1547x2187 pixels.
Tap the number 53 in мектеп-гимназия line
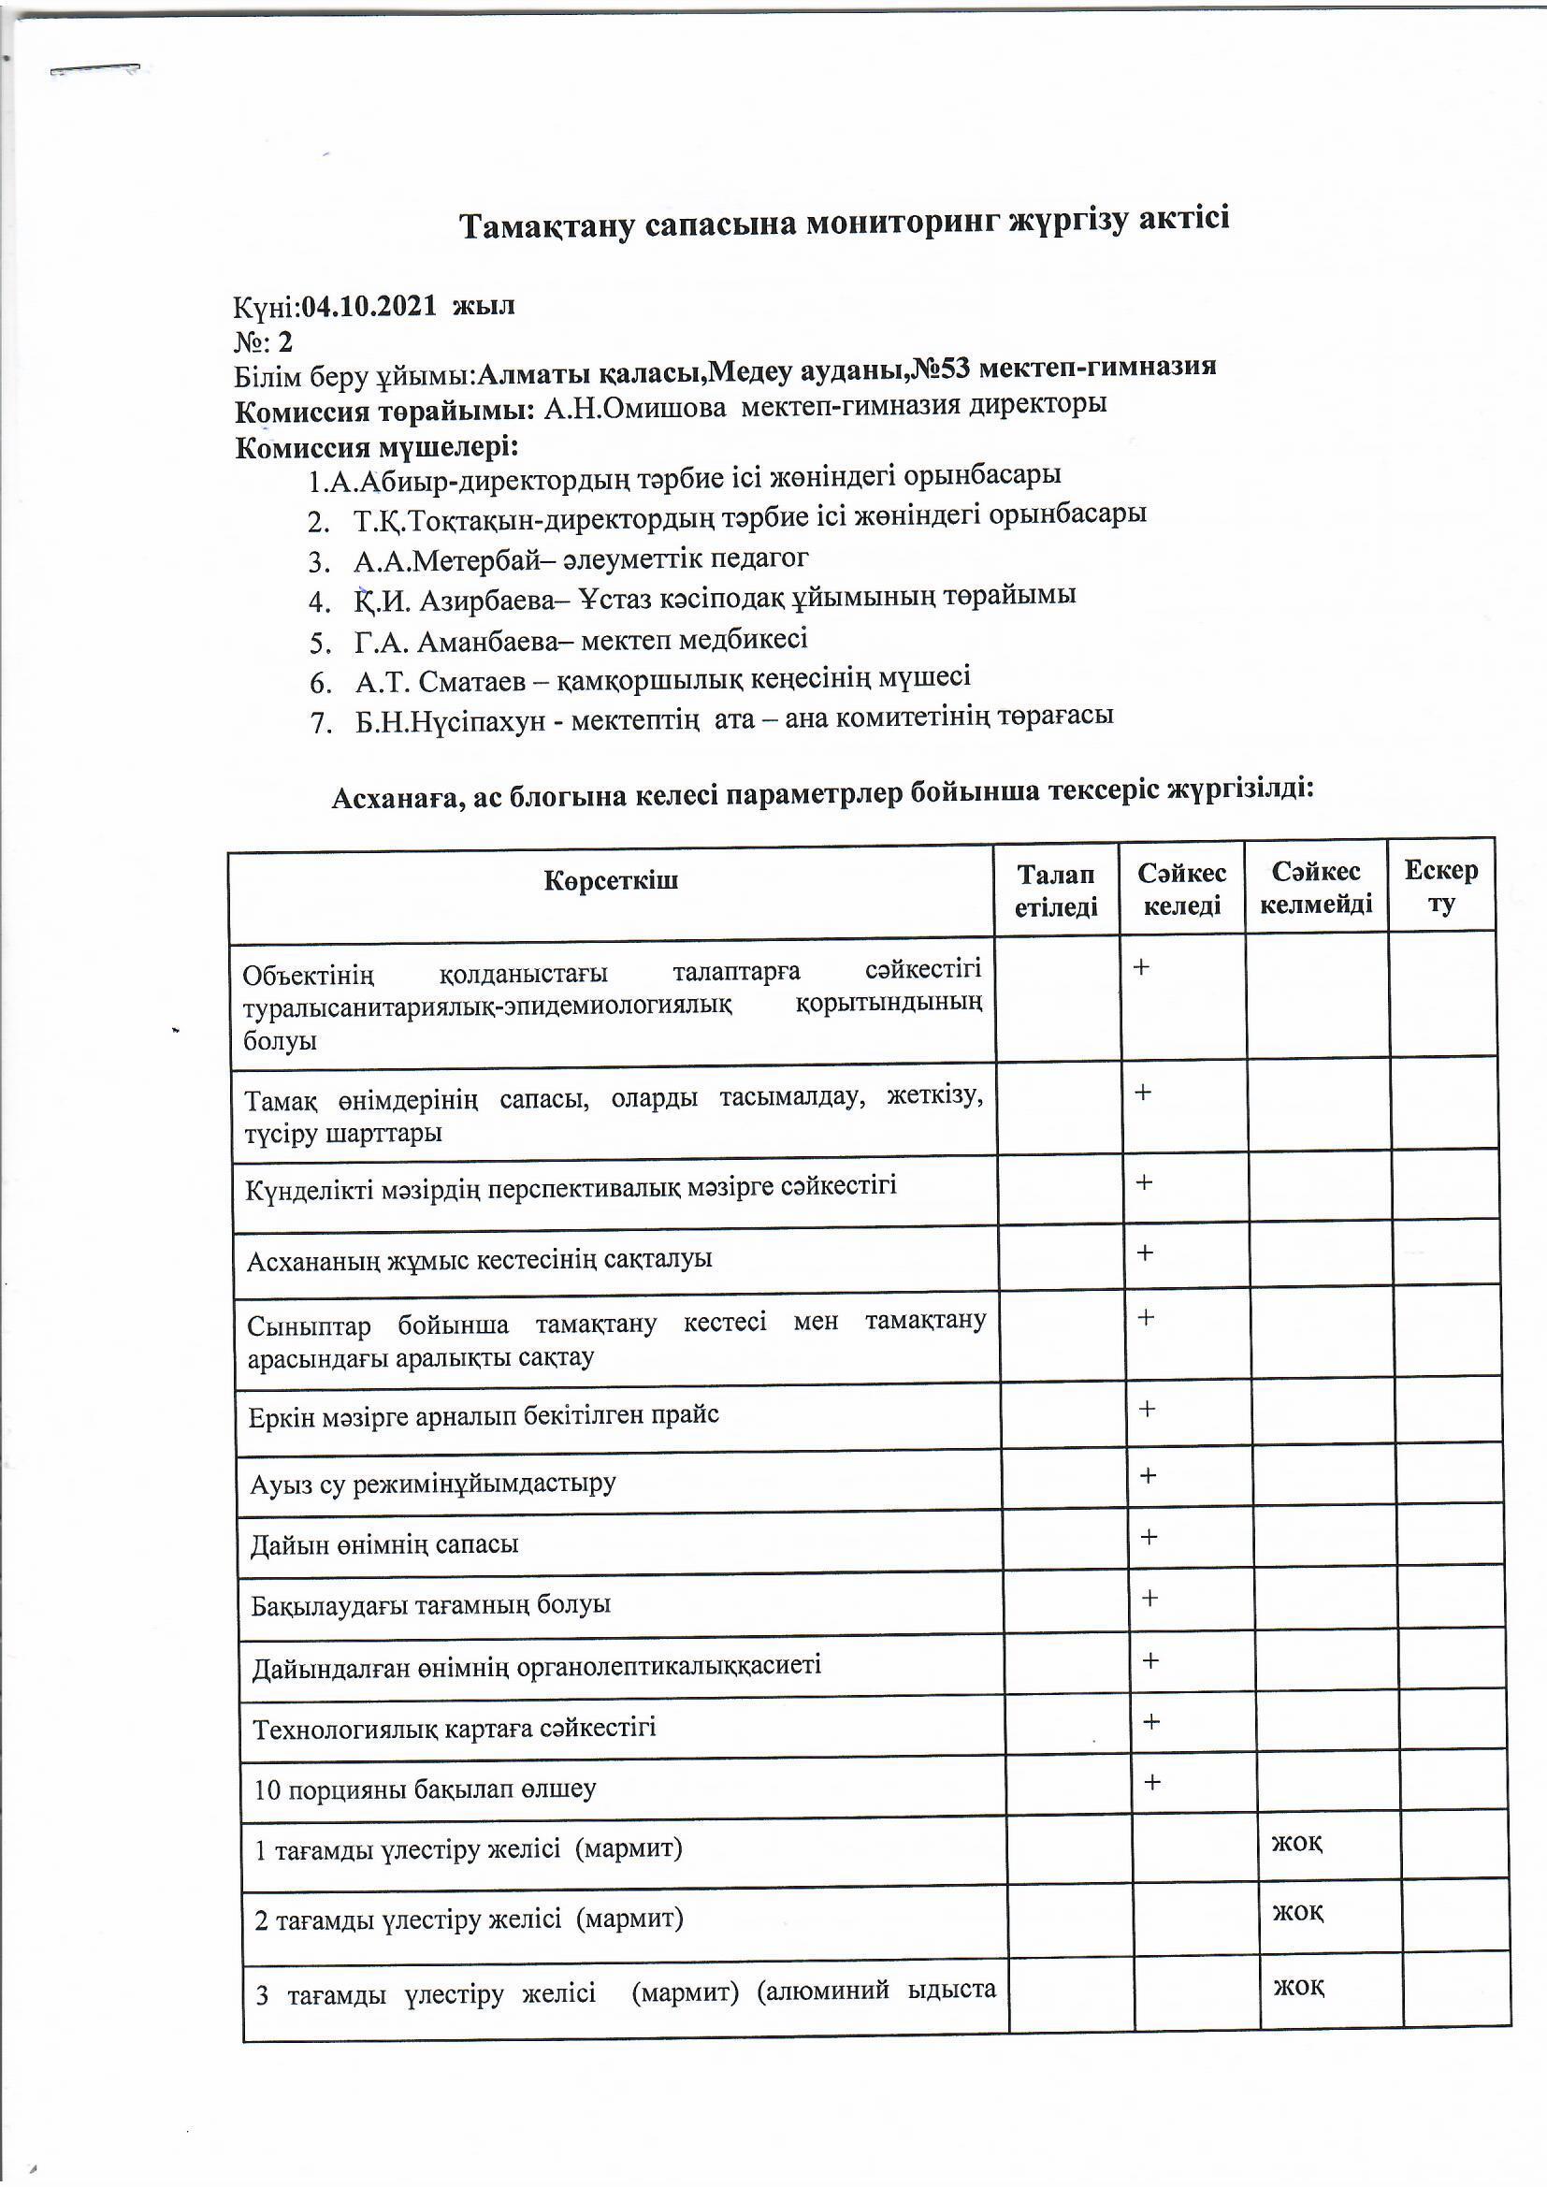[x=957, y=368]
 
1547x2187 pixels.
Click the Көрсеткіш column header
[x=611, y=881]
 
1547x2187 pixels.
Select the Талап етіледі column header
[x=1055, y=891]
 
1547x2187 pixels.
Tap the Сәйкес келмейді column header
[x=1316, y=888]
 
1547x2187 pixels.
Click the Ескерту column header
[x=1440, y=886]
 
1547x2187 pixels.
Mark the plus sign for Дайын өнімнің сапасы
[x=1149, y=1537]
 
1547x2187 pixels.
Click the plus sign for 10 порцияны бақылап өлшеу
[x=1151, y=1781]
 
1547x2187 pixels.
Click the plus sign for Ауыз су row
[x=1148, y=1475]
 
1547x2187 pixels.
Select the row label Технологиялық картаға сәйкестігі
[x=455, y=1727]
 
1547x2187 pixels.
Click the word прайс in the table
[x=685, y=1414]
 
